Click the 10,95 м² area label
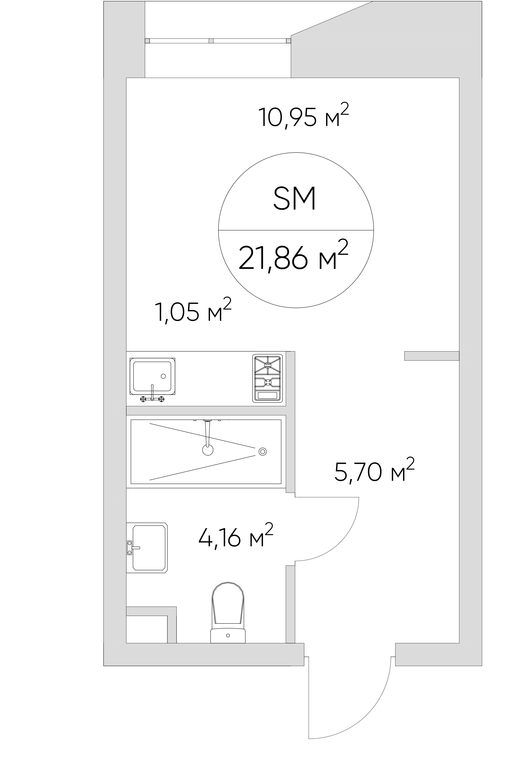(303, 116)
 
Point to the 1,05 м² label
(193, 310)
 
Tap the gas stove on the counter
(267, 378)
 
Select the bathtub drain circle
(263, 451)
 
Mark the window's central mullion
(211, 41)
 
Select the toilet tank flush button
(228, 635)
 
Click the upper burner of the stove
(268, 365)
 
